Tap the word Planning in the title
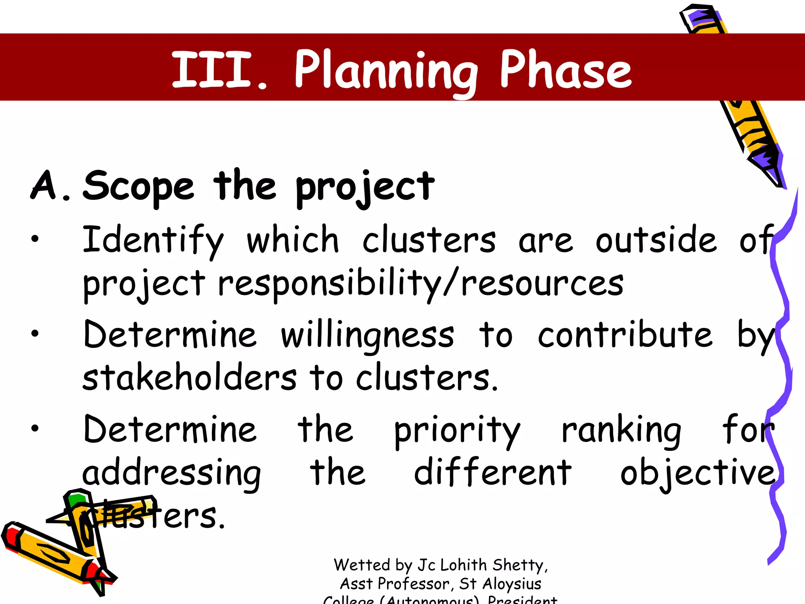[x=386, y=71]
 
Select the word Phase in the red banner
[x=566, y=70]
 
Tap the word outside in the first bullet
[x=656, y=240]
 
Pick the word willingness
[x=368, y=335]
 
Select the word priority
[x=457, y=430]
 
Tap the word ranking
[x=621, y=430]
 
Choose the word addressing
[x=172, y=473]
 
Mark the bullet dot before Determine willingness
[x=35, y=333]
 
